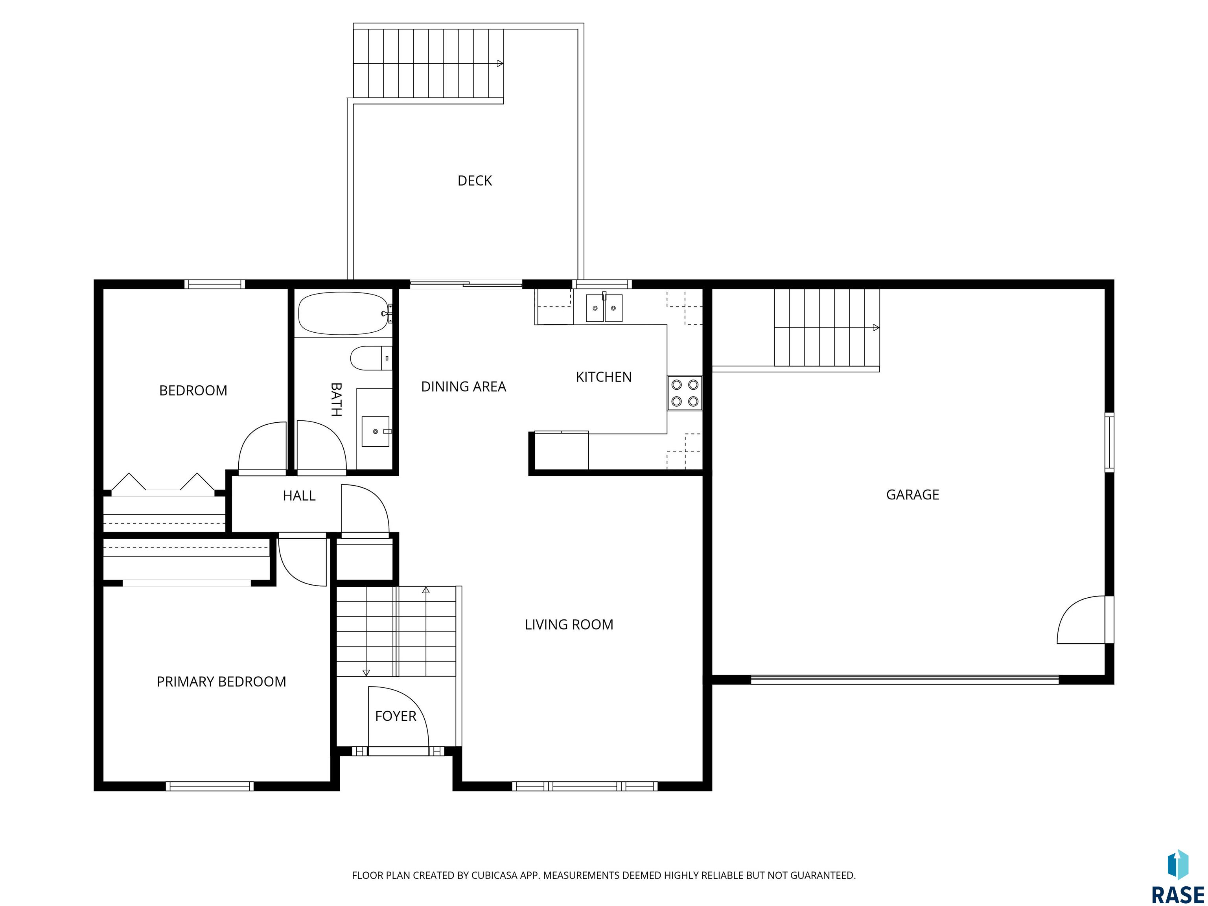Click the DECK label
point(475,181)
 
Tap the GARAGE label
point(913,495)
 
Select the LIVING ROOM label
point(569,624)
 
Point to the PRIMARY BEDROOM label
point(221,681)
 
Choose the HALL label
point(299,496)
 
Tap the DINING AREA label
point(463,387)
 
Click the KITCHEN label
point(604,377)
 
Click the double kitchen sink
point(604,308)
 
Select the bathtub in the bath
point(344,313)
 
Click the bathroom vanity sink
point(376,431)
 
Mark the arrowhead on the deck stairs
point(500,63)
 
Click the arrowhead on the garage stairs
point(876,328)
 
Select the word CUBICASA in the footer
point(494,875)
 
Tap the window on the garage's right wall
point(1109,442)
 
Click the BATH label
point(336,399)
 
